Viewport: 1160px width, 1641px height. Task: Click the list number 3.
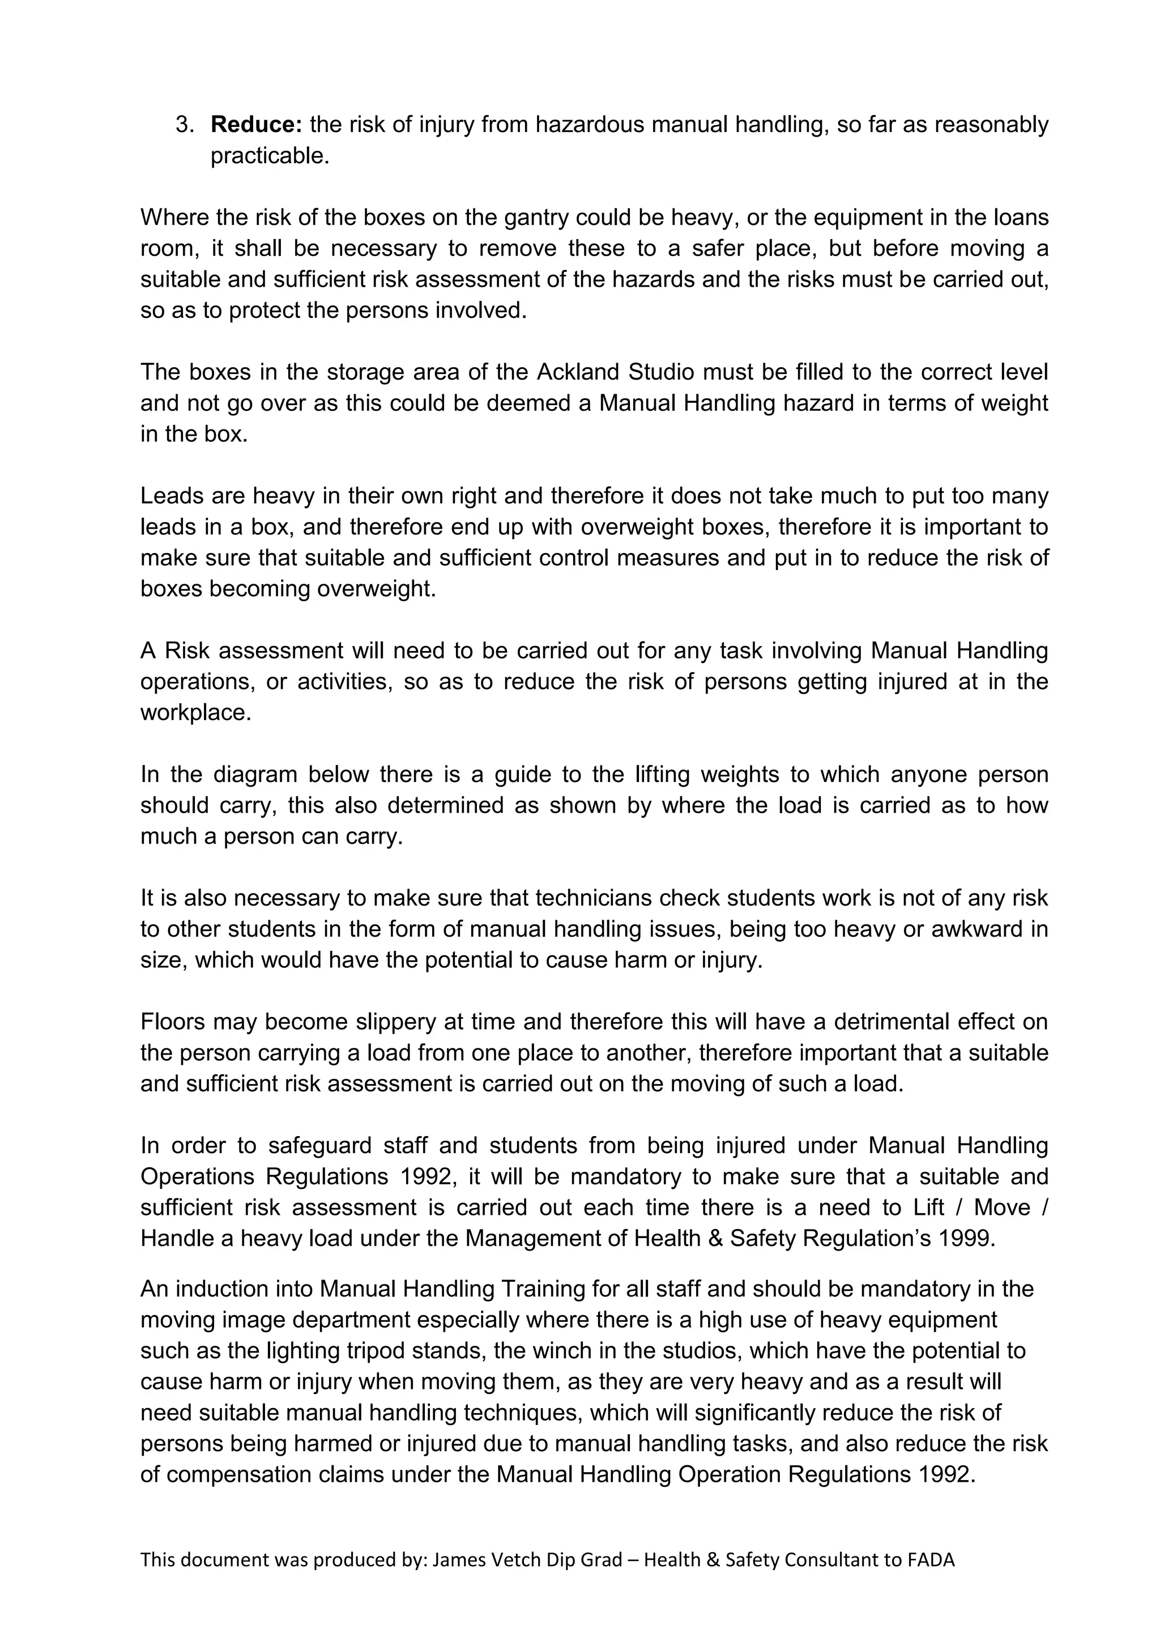[x=184, y=124]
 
